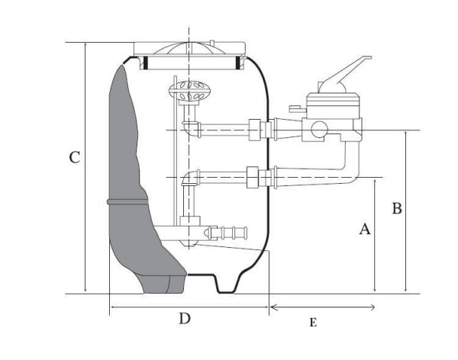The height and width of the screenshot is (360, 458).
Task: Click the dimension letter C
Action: (75, 157)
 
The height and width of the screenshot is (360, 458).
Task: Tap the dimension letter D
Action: (185, 318)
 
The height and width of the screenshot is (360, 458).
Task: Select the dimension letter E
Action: (313, 323)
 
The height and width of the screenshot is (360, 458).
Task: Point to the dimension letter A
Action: (365, 229)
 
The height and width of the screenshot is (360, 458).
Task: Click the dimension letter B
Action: (397, 208)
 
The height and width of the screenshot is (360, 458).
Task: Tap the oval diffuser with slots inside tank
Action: (189, 90)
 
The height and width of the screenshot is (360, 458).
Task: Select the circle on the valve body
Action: (320, 130)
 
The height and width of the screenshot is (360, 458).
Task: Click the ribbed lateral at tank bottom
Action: (227, 233)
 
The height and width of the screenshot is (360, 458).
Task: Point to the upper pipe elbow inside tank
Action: (190, 128)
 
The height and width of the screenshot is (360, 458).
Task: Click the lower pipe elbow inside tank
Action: (190, 178)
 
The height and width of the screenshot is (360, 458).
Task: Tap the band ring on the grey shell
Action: (127, 202)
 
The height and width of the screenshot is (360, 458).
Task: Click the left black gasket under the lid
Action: (145, 63)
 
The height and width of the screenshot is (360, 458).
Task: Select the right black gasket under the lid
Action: (237, 63)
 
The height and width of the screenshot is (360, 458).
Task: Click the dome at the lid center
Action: (189, 49)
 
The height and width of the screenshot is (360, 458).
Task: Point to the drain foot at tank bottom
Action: (227, 284)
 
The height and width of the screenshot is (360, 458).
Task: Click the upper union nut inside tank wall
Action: (254, 130)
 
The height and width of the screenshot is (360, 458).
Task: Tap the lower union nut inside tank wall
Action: (253, 177)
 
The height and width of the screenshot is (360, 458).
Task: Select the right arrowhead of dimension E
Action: (373, 307)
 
